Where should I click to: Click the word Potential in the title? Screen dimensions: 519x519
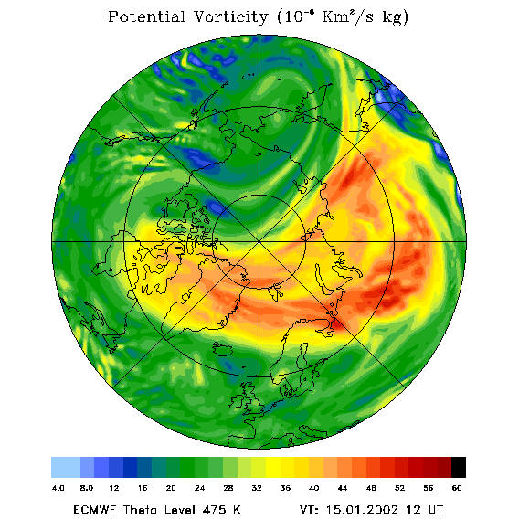146,16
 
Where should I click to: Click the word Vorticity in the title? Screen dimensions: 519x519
230,16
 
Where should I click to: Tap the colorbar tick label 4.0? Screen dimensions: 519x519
58,488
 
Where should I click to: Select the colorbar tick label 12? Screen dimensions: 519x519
114,488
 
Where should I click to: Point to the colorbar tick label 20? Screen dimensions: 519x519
171,488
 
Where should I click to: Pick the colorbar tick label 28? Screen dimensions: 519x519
228,488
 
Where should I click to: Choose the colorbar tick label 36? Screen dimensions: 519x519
285,488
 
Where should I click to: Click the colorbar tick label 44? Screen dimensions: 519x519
343,488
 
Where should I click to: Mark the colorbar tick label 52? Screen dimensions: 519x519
399,488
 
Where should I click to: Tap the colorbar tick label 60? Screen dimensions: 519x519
457,488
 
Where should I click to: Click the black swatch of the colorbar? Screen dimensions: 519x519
459,467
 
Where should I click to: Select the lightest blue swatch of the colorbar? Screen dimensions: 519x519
66,467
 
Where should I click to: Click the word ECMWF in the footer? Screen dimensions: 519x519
94,510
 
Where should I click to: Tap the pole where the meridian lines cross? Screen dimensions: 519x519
259,241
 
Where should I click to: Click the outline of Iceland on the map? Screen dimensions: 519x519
225,348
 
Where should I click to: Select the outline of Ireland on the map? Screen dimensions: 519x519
237,400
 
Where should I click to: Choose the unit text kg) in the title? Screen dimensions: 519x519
396,17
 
